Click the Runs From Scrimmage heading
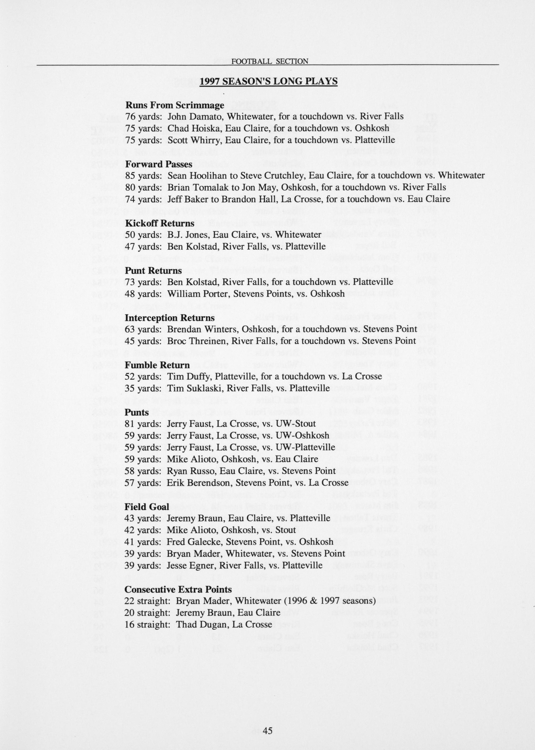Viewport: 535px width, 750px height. (x=175, y=105)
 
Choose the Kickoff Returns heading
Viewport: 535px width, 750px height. (x=160, y=223)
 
